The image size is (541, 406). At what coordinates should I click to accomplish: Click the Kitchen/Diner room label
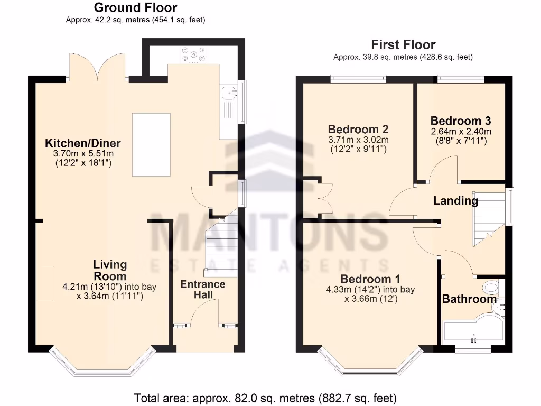click(82, 143)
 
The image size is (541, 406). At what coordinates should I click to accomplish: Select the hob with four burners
click(194, 54)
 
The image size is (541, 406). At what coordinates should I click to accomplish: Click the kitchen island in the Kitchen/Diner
click(151, 144)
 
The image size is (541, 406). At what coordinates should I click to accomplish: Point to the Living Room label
click(110, 270)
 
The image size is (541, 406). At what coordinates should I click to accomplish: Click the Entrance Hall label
click(203, 289)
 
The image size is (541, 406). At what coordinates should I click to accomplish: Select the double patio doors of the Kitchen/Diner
click(97, 68)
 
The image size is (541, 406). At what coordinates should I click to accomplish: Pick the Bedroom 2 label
click(358, 130)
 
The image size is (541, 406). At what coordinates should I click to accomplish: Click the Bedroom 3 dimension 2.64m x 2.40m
click(461, 132)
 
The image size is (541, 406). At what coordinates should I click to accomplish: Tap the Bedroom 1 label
click(370, 279)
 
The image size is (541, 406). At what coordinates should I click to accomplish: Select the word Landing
click(455, 201)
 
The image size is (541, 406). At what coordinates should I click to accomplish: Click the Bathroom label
click(469, 299)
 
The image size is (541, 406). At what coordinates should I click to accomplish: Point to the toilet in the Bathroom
click(491, 288)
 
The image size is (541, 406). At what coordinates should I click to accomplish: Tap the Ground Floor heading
click(135, 8)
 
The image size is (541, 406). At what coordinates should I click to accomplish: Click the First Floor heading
click(403, 44)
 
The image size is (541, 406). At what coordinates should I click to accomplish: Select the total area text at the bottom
click(265, 398)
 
